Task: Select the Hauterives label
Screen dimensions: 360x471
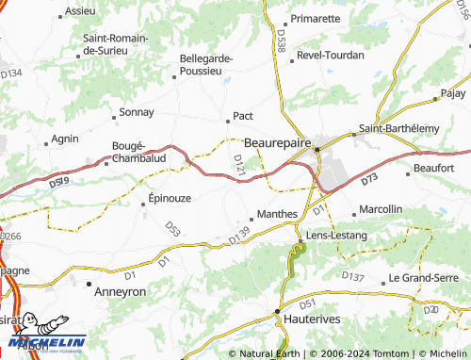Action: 312,320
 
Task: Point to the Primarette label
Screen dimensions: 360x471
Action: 316,18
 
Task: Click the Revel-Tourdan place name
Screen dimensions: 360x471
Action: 330,55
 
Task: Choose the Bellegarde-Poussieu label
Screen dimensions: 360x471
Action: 205,63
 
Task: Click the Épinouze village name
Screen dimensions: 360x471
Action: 171,200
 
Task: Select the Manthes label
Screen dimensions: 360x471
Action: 277,214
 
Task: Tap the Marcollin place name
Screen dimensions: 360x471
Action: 382,208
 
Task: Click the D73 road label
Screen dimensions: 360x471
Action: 368,178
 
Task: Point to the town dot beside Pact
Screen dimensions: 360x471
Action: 227,120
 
